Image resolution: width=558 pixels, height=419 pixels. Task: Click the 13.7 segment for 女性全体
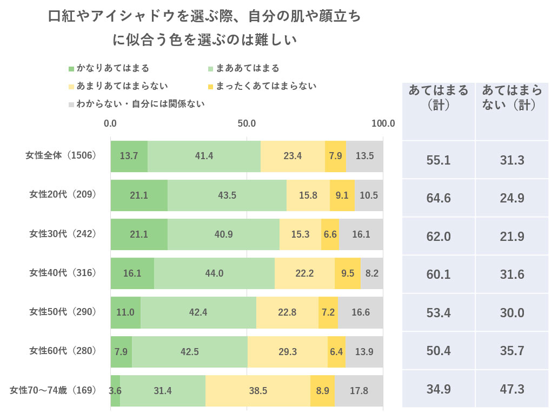[129, 156]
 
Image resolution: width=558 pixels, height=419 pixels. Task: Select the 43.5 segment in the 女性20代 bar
[227, 195]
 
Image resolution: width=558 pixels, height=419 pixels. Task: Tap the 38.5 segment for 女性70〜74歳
[257, 390]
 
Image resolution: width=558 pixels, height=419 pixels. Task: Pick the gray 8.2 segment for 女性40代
[372, 273]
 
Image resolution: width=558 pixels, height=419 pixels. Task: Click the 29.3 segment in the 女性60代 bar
[288, 351]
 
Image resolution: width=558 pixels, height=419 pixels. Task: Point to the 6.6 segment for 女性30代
[330, 234]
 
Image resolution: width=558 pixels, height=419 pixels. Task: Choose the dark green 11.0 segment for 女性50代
[125, 312]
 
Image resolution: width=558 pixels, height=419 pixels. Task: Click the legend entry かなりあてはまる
[108, 68]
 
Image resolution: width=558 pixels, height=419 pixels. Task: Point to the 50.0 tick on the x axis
[247, 123]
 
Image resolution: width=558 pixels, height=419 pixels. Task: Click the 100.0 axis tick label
[383, 123]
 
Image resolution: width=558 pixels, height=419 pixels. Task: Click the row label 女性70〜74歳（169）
[54, 390]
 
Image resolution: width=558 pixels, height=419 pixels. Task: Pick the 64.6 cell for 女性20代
[439, 198]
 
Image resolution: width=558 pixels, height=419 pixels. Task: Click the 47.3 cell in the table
[511, 389]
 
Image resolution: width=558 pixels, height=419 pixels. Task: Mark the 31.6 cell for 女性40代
[511, 274]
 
